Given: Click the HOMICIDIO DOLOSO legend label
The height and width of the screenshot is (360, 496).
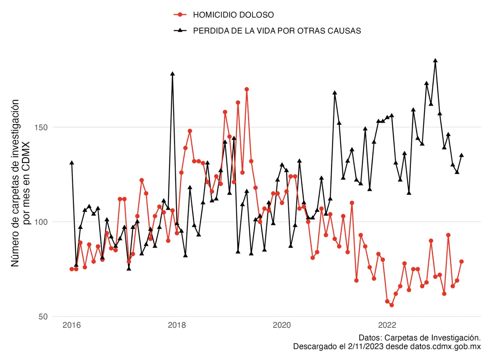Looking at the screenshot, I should [x=233, y=15].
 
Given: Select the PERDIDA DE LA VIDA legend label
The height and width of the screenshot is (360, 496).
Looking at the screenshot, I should [x=277, y=31].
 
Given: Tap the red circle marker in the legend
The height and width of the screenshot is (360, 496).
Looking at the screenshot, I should [x=180, y=15].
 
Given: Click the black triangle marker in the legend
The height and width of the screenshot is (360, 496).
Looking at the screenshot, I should [x=180, y=30].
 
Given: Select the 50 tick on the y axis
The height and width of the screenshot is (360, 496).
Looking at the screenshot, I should [x=43, y=316].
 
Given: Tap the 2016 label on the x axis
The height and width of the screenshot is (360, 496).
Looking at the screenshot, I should [x=72, y=325].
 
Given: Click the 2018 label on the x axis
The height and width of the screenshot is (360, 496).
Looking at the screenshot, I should [x=177, y=325].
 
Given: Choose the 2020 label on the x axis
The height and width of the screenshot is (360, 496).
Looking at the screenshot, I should [x=282, y=325].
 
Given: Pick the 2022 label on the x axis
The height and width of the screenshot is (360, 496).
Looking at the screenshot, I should [x=387, y=325].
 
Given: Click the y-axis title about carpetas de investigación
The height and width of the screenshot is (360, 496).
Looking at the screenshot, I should [x=20, y=183].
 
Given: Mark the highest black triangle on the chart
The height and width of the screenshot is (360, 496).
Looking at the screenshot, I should [x=435, y=61].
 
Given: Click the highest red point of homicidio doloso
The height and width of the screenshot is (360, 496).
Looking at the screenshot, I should [x=247, y=89].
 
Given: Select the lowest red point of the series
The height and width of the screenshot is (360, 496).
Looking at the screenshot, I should [x=391, y=305].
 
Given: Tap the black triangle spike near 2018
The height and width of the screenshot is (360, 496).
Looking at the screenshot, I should [x=172, y=74].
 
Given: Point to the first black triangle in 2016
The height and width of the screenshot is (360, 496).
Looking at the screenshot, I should [x=72, y=163].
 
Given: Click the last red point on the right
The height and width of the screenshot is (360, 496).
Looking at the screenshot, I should [x=462, y=262].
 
